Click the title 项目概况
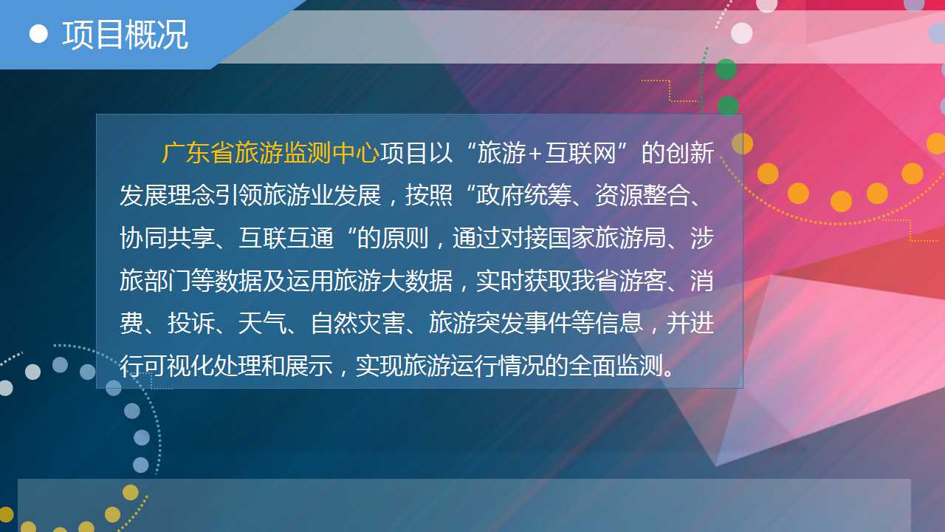(125, 35)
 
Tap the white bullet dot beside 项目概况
(38, 34)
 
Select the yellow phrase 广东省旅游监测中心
(270, 153)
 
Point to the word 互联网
(580, 153)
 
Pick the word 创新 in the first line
(690, 153)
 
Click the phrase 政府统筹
(524, 195)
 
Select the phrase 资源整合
(643, 195)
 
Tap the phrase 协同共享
(167, 238)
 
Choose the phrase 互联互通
(286, 238)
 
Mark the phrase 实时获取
(524, 280)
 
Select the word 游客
(643, 280)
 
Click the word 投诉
(191, 323)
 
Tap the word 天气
(262, 323)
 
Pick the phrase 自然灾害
(357, 323)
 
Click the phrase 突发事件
(524, 323)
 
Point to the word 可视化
(179, 366)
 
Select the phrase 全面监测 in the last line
(616, 366)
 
